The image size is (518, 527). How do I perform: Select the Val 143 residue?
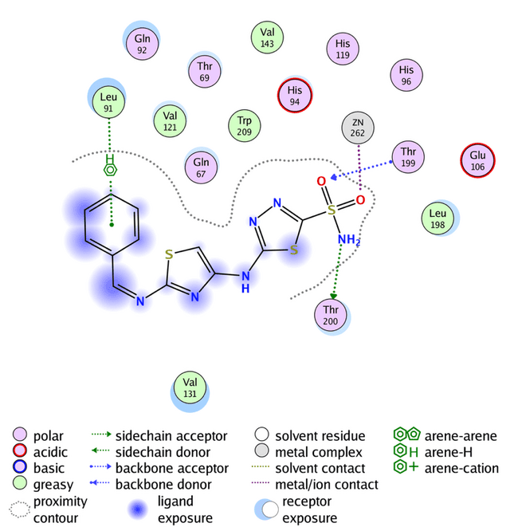point(267,38)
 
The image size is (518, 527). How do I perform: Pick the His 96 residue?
point(406,75)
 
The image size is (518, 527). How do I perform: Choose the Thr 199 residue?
point(407,157)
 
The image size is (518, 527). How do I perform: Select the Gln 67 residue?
point(202,167)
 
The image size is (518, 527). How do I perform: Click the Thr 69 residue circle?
point(205,73)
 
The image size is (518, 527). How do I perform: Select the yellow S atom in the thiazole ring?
point(168,255)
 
